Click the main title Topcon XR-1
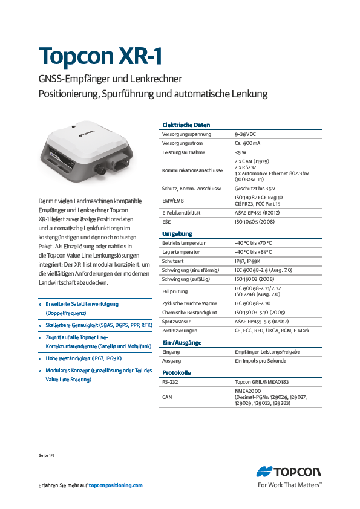click(x=100, y=56)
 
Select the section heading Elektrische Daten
click(x=186, y=125)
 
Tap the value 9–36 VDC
click(x=245, y=134)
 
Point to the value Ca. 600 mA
click(x=247, y=143)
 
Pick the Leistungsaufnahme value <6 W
click(x=241, y=153)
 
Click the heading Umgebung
click(x=177, y=233)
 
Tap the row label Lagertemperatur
click(x=181, y=252)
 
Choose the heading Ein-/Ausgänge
click(x=182, y=343)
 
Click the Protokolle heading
click(x=176, y=373)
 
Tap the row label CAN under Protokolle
click(x=167, y=397)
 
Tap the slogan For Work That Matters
click(x=289, y=484)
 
